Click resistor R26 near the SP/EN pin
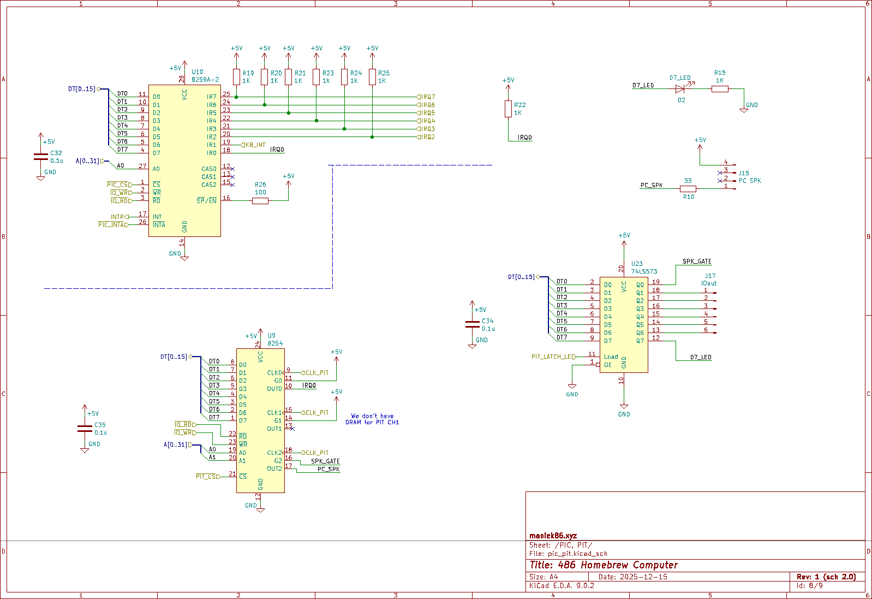pos(260,201)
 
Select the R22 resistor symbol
pos(508,109)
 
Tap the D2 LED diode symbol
pos(680,89)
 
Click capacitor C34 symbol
pos(473,324)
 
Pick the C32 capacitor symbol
pos(40,156)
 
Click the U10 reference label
pos(197,72)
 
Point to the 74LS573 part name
pos(644,271)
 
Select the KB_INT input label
pos(254,145)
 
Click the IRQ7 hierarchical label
pos(426,97)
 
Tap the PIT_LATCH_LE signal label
pos(553,357)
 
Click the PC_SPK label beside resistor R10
pos(651,186)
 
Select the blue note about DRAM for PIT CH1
pos(372,419)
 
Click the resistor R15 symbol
pos(720,89)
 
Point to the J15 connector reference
pos(743,173)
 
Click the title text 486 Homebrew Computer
pos(604,565)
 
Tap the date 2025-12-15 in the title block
pos(643,577)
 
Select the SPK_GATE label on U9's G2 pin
pos(325,461)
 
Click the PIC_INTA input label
pos(113,225)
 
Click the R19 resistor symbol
pos(236,77)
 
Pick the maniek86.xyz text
pos(553,536)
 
